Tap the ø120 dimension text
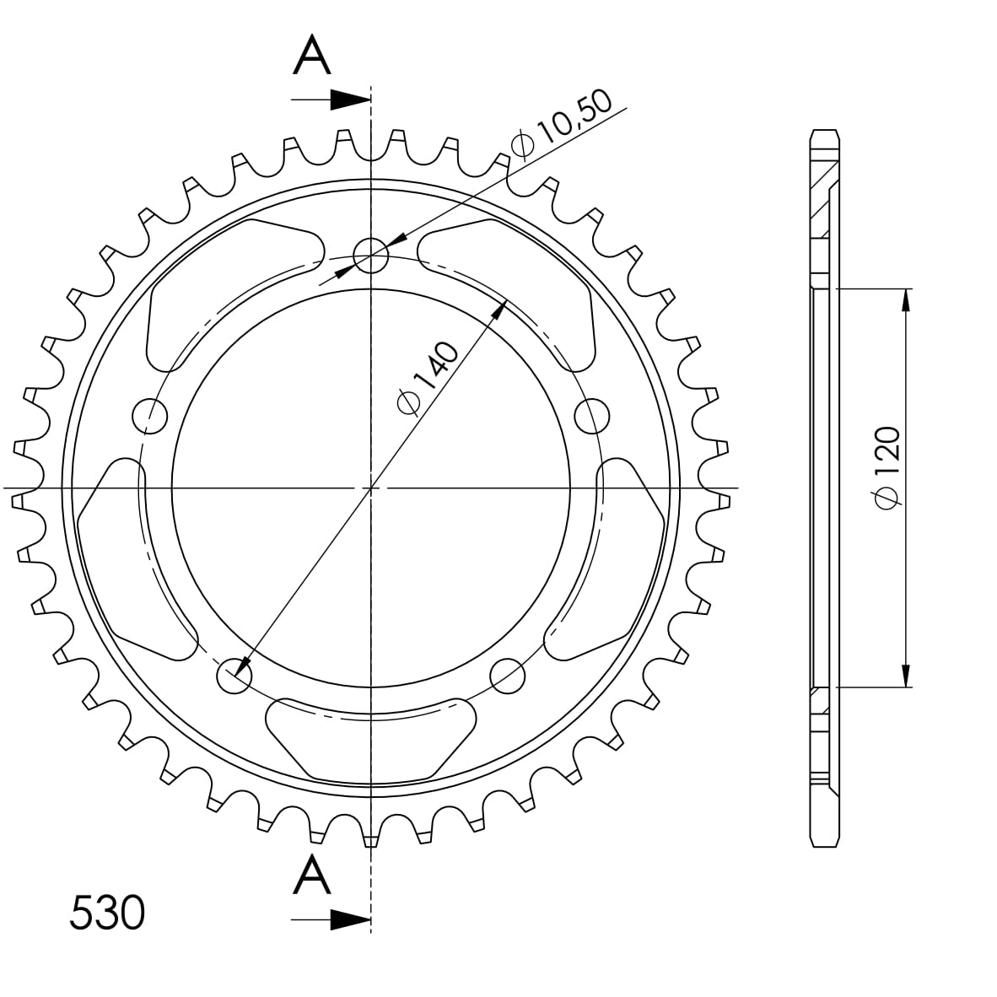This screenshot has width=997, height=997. click(887, 466)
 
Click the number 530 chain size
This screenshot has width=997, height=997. click(107, 913)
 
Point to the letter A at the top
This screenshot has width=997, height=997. click(312, 57)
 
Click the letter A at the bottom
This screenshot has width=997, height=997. click(312, 875)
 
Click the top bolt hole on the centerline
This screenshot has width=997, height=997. click(370, 254)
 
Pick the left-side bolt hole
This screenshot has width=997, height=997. click(151, 414)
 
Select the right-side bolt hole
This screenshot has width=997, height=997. click(592, 415)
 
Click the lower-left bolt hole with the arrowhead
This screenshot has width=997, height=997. click(234, 674)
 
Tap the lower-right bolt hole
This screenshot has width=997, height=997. click(508, 674)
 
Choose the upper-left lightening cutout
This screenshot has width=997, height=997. click(228, 291)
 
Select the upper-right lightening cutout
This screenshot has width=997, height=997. click(515, 291)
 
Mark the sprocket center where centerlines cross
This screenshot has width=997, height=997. click(371, 488)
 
